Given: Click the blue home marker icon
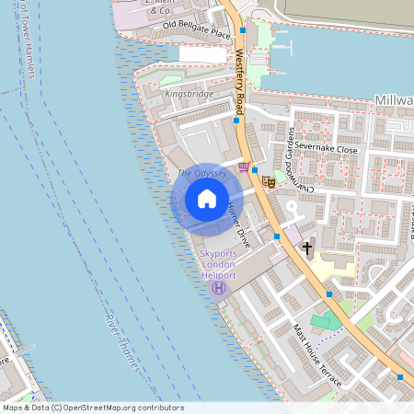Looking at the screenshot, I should click(207, 199).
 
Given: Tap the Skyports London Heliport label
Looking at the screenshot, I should click(218, 264).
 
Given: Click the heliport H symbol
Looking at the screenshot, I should click(219, 288).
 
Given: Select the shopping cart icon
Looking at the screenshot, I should click(243, 167).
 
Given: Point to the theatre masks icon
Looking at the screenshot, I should click(269, 181).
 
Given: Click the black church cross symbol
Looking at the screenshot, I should click(307, 248).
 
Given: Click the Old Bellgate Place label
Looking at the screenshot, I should click(196, 29).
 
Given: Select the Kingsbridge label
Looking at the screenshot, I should click(188, 94).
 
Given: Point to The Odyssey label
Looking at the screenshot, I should click(198, 172).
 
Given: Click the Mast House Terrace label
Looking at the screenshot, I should click(316, 354).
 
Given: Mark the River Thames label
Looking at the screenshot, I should click(123, 343).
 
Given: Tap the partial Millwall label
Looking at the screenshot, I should click(394, 99).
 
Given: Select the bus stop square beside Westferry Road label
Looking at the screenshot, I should click(238, 120).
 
